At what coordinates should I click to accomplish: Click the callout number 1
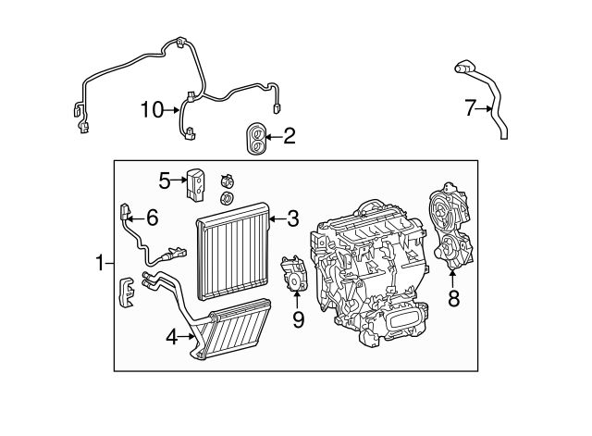tap(101, 264)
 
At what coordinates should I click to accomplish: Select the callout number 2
tap(290, 138)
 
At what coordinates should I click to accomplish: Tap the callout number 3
tap(292, 219)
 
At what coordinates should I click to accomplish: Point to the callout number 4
tap(171, 338)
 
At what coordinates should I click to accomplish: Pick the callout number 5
tap(164, 180)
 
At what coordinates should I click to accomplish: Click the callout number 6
tap(152, 218)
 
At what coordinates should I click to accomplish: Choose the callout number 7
tap(469, 109)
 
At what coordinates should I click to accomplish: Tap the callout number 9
tap(297, 319)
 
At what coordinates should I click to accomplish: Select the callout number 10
tap(152, 111)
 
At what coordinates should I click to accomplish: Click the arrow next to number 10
tap(173, 111)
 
